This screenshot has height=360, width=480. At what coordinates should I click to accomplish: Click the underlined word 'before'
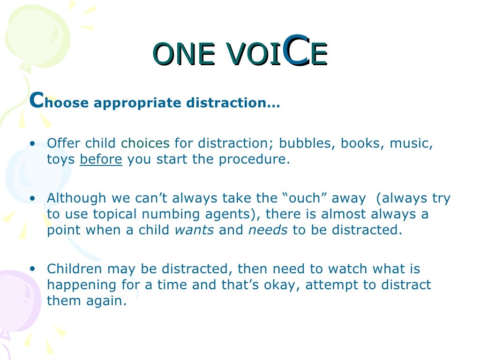101,159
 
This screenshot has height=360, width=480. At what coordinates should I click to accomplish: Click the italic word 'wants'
194,230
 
